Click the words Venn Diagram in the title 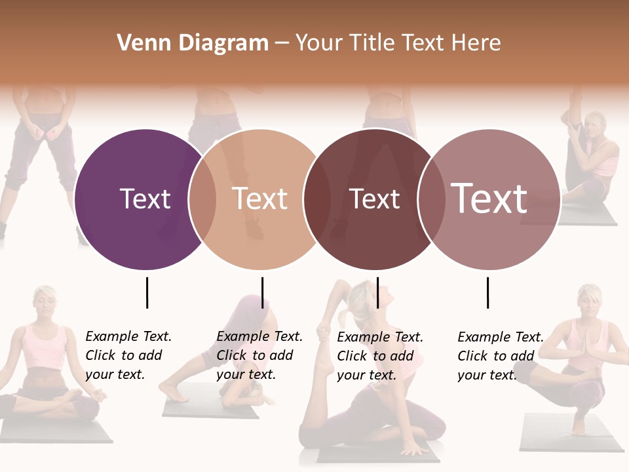click(x=193, y=43)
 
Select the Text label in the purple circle click(x=145, y=199)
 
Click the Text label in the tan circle click(x=259, y=199)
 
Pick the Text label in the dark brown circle click(x=374, y=199)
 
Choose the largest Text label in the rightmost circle click(x=489, y=198)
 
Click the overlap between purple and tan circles click(x=202, y=199)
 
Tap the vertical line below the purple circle click(x=147, y=292)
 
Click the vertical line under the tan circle click(x=262, y=292)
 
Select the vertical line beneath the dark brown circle click(x=377, y=292)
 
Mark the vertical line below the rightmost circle click(x=487, y=292)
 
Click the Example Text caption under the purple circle click(x=128, y=355)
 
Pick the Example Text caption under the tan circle click(x=259, y=355)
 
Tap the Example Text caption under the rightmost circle click(x=500, y=356)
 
